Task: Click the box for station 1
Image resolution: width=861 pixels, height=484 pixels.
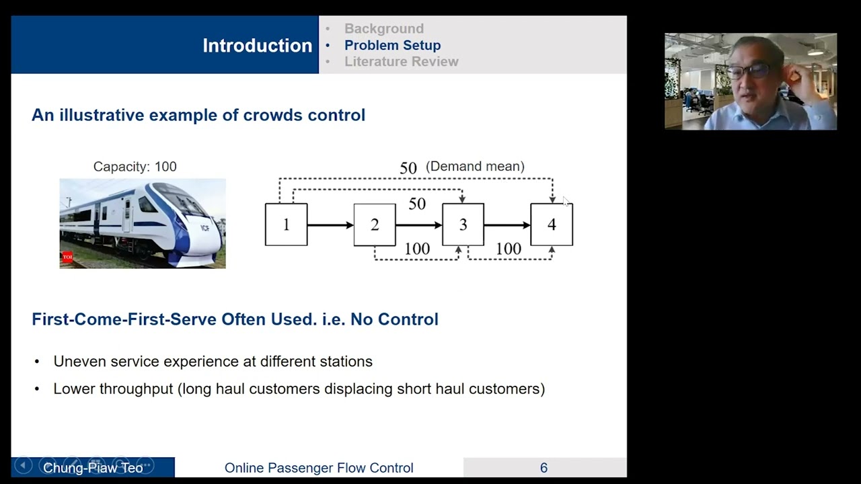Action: (286, 225)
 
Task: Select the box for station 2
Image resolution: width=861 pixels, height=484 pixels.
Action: (375, 225)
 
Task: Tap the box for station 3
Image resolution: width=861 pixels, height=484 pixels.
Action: (463, 225)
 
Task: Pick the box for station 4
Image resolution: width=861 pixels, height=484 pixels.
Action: (552, 225)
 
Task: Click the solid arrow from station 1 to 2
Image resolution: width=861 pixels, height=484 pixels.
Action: (330, 225)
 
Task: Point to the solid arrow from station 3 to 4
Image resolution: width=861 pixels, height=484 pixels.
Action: (507, 225)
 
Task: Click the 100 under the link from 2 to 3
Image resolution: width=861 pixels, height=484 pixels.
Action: (417, 249)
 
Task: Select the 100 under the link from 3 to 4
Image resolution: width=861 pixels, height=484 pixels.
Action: (508, 249)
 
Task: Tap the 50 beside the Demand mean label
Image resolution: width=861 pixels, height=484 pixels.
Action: (408, 168)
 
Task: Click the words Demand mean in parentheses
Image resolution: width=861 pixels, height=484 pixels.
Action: (475, 166)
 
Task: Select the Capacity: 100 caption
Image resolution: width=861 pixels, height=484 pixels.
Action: (135, 167)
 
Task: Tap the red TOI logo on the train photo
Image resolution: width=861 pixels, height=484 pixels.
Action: (67, 257)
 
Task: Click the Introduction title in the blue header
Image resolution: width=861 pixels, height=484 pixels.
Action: (257, 46)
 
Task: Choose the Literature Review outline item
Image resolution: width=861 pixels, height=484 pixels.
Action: (401, 62)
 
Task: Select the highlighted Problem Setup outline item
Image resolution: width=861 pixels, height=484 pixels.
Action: (392, 45)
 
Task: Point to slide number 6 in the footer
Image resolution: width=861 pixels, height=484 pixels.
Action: (544, 468)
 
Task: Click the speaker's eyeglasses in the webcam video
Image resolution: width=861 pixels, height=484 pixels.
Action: (749, 71)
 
